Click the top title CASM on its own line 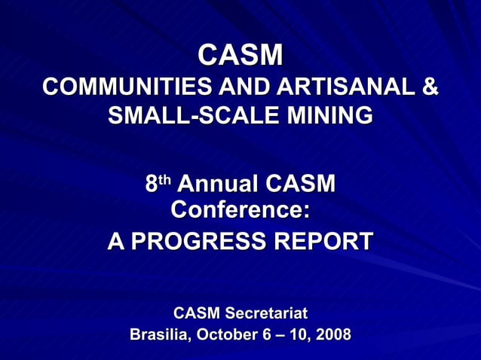tap(240, 55)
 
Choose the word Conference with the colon tap(240, 210)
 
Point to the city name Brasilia tap(160, 334)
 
